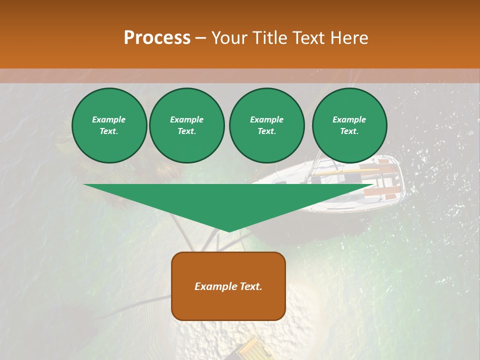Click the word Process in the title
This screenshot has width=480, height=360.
[x=157, y=37]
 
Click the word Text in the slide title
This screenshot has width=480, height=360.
[x=309, y=38]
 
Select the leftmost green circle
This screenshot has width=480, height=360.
[x=109, y=125]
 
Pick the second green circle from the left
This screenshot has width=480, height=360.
[x=187, y=125]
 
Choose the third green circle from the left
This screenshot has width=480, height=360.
[x=266, y=125]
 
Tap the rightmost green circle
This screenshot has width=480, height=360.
[x=349, y=125]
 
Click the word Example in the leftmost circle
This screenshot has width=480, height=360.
[x=109, y=119]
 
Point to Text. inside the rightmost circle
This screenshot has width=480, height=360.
[x=349, y=131]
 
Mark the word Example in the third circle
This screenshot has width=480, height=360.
[x=266, y=119]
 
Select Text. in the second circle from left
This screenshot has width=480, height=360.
[x=187, y=131]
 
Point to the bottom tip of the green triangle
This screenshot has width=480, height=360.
[x=229, y=231]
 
